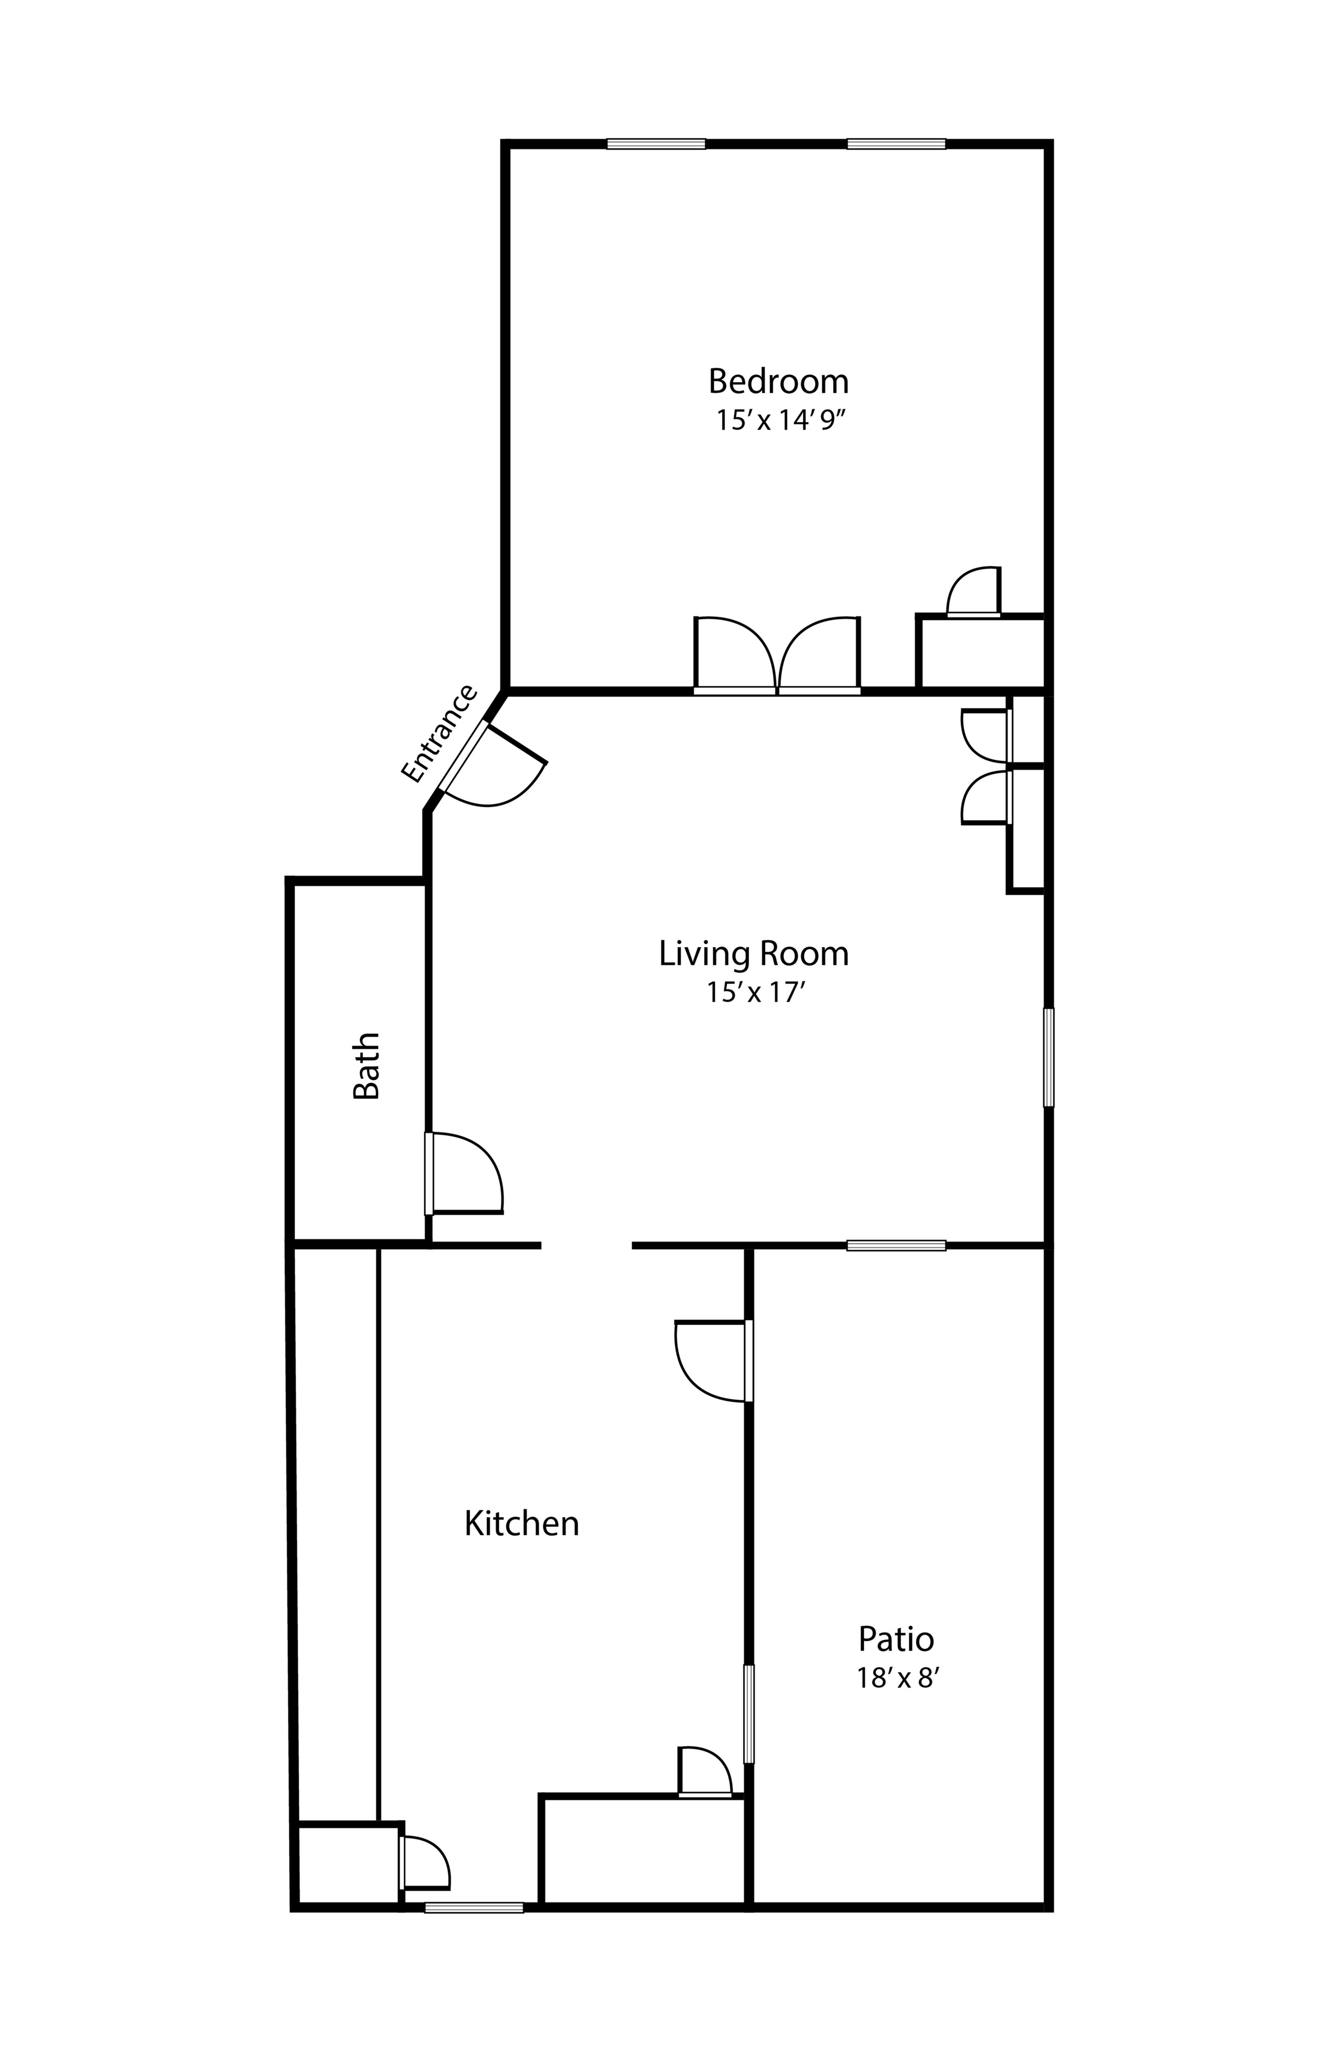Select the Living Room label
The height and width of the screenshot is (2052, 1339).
pos(753,953)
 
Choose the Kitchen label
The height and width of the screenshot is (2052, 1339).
pos(521,1523)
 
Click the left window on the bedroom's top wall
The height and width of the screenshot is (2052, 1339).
pos(656,144)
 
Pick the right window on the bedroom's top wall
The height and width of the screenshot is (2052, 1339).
pos(896,144)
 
